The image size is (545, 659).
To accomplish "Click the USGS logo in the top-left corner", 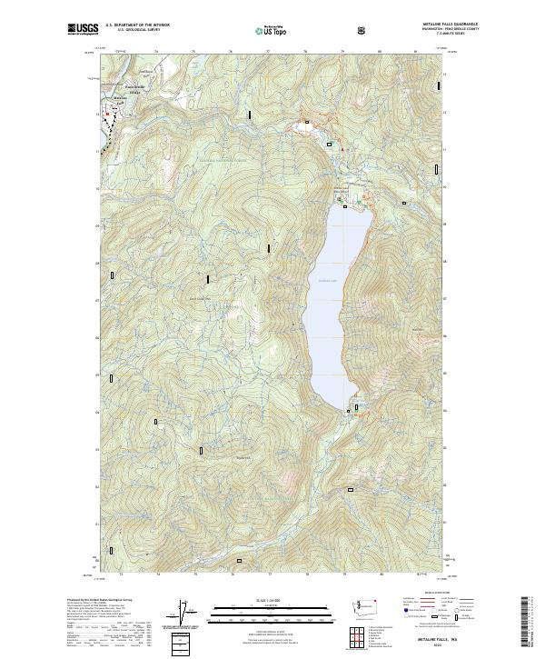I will [x=83, y=30].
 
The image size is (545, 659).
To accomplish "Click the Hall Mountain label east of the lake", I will [x=418, y=328].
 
